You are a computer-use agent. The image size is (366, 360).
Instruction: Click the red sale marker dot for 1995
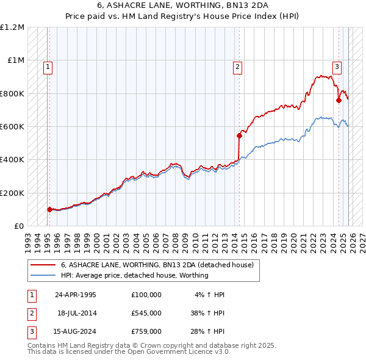[x=49, y=209]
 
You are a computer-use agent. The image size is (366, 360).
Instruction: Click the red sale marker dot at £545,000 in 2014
[x=239, y=135]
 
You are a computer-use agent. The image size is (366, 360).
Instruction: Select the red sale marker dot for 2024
[x=339, y=100]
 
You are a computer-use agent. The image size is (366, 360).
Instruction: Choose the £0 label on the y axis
[x=19, y=226]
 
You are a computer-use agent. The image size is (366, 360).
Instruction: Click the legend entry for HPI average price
[x=134, y=275]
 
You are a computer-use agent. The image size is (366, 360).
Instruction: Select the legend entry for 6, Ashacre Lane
[x=160, y=265]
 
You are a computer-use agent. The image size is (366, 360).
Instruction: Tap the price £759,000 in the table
[x=146, y=331]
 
